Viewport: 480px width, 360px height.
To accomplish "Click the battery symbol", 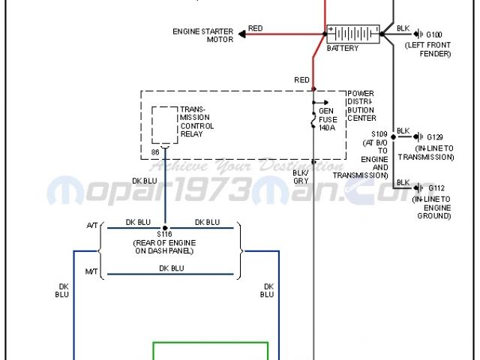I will pyautogui.click(x=352, y=34).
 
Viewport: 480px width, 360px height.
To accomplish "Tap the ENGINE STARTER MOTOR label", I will pyautogui.click(x=203, y=35).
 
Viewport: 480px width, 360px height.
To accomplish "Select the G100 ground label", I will pyautogui.click(x=434, y=34).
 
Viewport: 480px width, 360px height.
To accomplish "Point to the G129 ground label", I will pyautogui.click(x=435, y=137).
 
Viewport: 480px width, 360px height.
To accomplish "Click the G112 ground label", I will pyautogui.click(x=436, y=188).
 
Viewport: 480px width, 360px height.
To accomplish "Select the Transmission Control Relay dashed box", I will pyautogui.click(x=165, y=124).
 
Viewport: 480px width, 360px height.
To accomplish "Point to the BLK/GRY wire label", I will pyautogui.click(x=300, y=176).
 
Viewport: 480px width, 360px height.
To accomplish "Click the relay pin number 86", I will pyautogui.click(x=155, y=152).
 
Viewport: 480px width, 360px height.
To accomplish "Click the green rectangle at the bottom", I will pyautogui.click(x=211, y=351).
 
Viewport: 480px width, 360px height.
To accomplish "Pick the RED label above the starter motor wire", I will pyautogui.click(x=256, y=28).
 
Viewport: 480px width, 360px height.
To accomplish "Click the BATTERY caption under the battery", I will pyautogui.click(x=343, y=49).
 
